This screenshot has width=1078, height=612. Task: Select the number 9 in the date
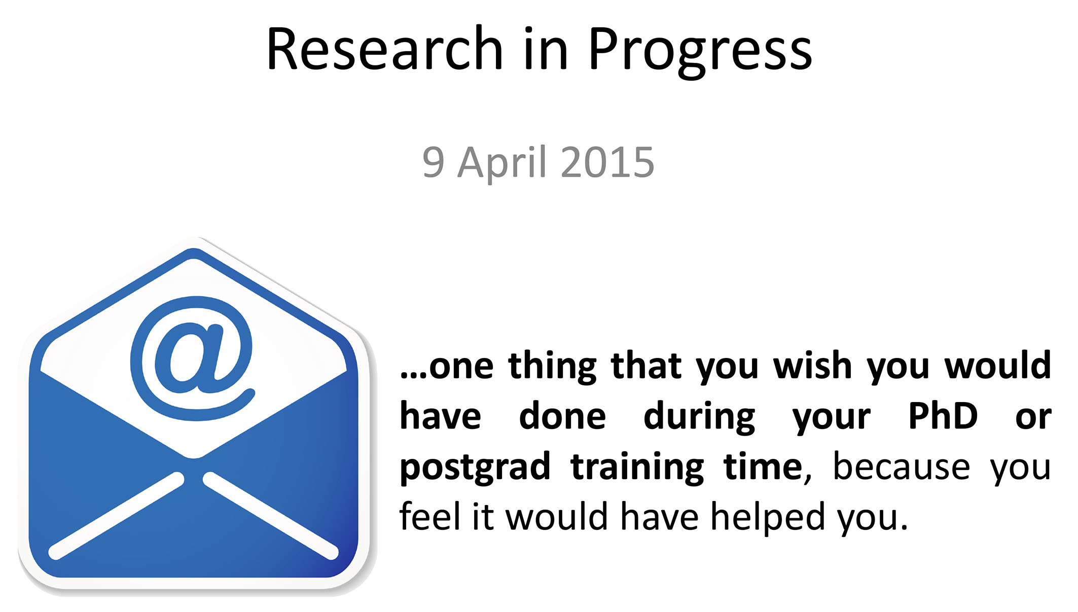pyautogui.click(x=434, y=162)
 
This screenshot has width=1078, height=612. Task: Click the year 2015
pyautogui.click(x=608, y=162)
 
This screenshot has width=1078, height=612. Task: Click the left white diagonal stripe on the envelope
pyautogui.click(x=116, y=516)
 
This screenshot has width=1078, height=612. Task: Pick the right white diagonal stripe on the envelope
pyautogui.click(x=271, y=516)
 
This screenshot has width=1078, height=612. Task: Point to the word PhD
pyautogui.click(x=943, y=416)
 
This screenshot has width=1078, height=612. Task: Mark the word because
pyautogui.click(x=901, y=466)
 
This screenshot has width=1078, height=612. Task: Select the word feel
pyautogui.click(x=432, y=516)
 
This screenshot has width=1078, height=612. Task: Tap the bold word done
pyautogui.click(x=562, y=416)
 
